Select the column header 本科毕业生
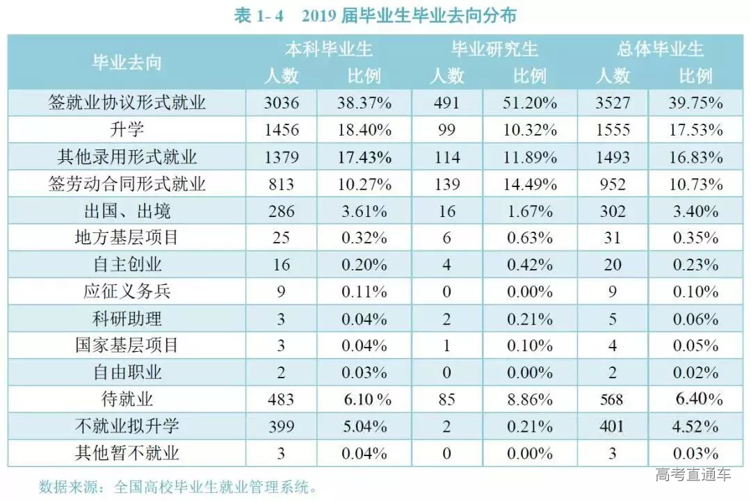329,49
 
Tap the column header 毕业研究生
494,49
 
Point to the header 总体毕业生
660,49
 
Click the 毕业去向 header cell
127,62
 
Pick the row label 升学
127,130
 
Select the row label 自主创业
127,264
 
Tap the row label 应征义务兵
127,291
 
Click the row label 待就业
127,399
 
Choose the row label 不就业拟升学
127,426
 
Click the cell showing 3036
282,104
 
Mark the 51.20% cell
529,104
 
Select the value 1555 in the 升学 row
613,130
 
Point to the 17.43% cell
364,157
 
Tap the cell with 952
613,184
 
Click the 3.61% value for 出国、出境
364,211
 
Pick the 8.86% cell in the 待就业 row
529,399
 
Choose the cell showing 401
613,426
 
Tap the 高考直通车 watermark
693,476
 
